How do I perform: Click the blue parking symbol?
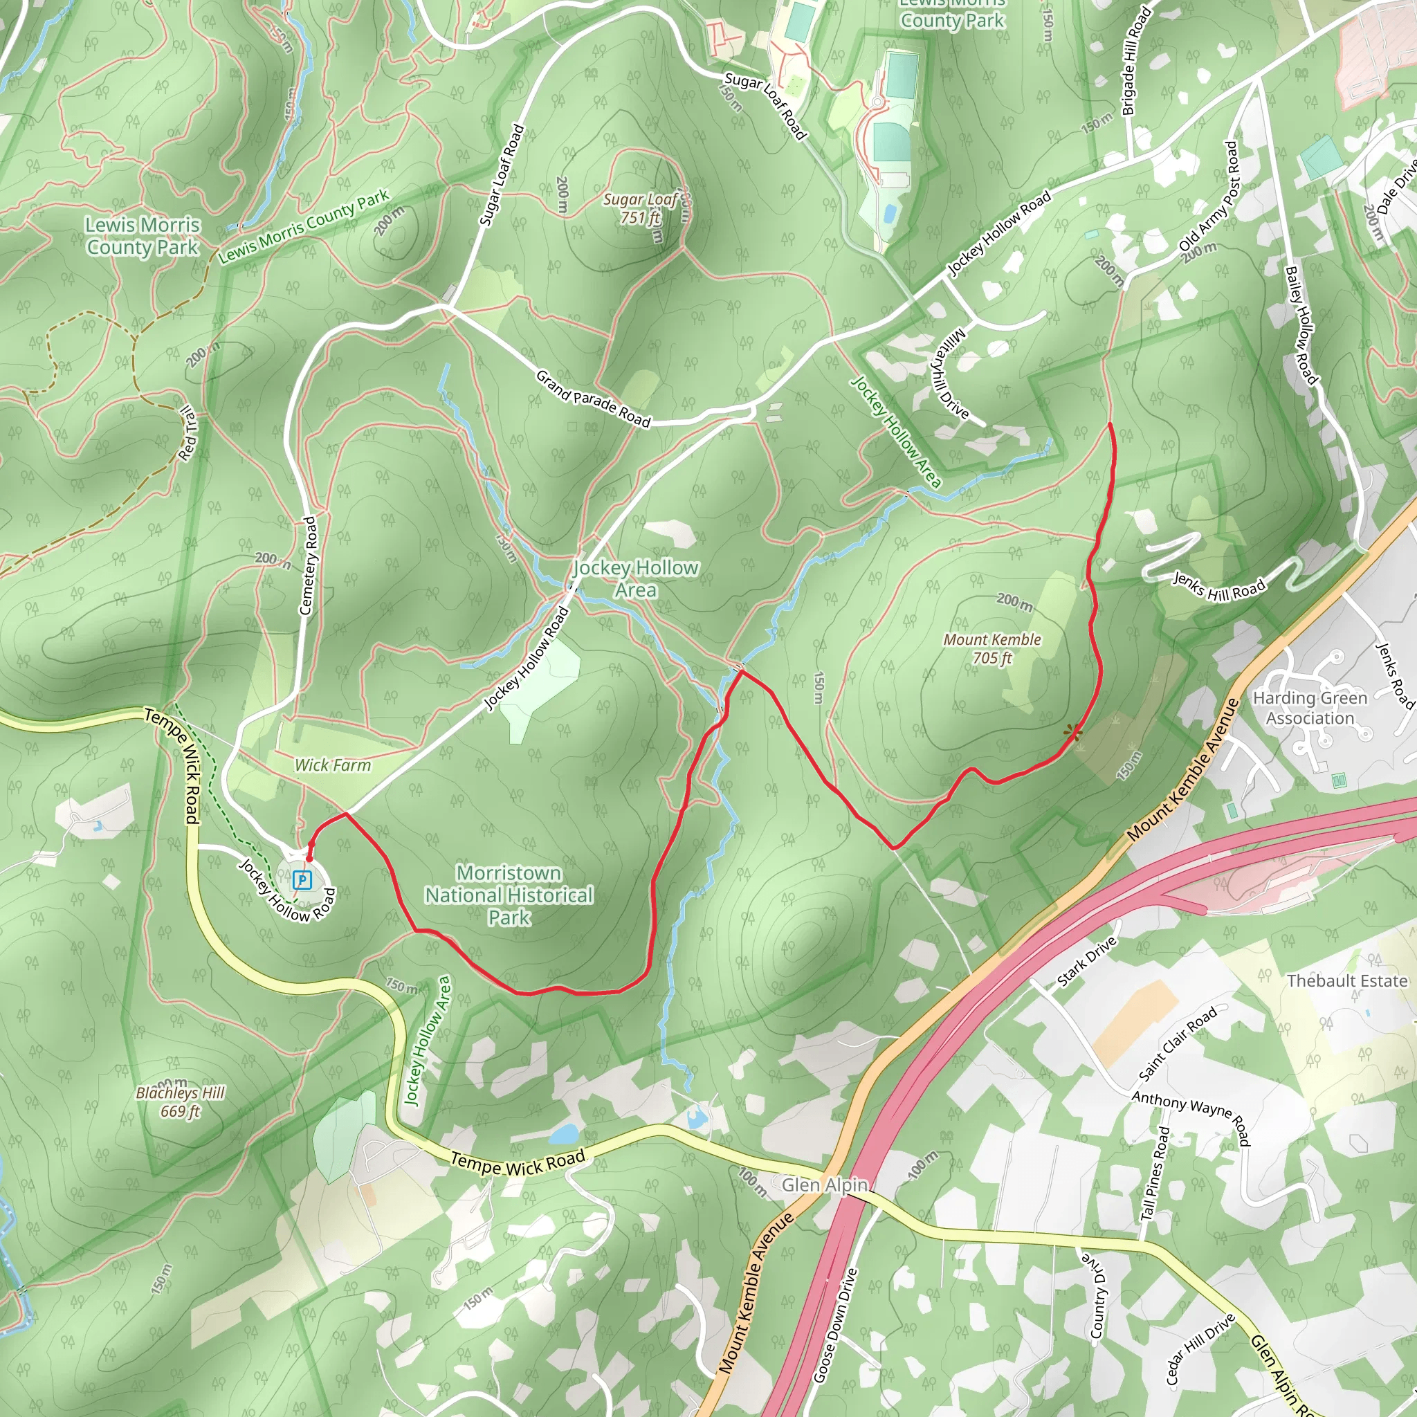302,879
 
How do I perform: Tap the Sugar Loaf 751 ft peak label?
640,208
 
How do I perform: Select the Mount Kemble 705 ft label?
991,648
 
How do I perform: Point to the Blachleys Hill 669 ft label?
181,1101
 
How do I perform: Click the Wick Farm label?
332,765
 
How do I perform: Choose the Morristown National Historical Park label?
509,895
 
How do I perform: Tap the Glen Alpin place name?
824,1185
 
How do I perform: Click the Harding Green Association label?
1310,708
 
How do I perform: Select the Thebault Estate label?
1346,980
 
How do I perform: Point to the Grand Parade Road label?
593,399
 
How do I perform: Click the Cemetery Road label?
309,565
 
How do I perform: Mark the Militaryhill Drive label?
951,374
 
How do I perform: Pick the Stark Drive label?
1087,962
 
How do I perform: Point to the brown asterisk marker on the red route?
1074,731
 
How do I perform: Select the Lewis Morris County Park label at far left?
143,236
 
